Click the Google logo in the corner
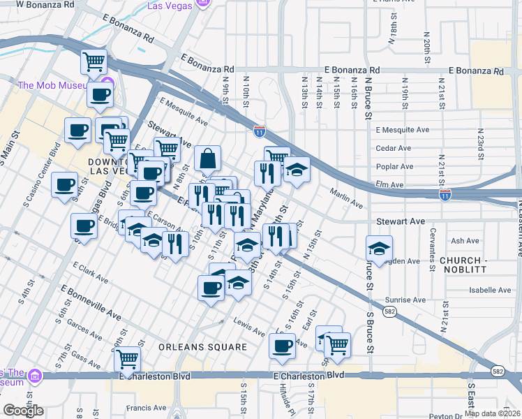(23, 411)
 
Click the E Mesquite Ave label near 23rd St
(403, 130)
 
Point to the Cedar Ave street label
(393, 148)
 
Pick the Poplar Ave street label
(395, 167)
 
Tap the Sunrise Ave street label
(405, 300)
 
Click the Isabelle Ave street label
(491, 290)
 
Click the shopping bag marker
(208, 160)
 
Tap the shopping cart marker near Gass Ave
(128, 359)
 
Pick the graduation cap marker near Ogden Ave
(379, 248)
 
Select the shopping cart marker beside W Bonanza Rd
(94, 61)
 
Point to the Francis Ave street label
(146, 408)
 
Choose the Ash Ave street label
(465, 240)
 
